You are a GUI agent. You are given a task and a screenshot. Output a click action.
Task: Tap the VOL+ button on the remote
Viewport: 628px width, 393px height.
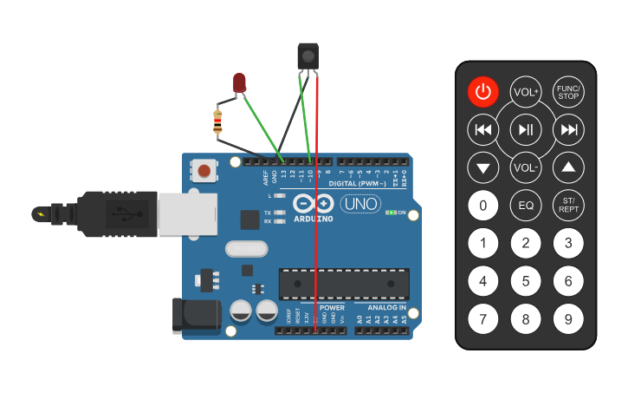click(526, 92)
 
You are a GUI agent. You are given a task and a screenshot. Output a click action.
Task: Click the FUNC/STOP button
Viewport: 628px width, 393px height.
click(568, 92)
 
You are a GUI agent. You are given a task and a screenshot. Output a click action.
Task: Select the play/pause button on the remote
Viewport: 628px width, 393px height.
click(526, 130)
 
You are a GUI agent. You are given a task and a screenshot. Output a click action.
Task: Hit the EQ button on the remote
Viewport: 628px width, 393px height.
click(526, 206)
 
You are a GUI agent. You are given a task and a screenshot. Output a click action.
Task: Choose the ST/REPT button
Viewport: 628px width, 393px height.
click(568, 206)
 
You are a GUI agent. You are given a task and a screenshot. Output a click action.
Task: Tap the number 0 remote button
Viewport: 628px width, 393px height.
click(483, 206)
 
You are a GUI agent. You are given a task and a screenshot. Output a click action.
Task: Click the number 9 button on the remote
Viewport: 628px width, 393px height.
click(568, 319)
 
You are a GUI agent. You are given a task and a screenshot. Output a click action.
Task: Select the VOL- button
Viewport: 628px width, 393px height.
click(526, 167)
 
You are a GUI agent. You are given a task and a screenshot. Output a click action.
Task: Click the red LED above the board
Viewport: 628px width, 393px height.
click(240, 83)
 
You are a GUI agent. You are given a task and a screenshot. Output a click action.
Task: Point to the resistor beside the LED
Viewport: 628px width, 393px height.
click(217, 121)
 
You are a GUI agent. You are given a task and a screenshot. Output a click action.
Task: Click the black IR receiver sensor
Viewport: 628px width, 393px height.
click(308, 56)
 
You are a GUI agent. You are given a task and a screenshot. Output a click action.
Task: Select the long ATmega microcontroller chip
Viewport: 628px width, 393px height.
click(344, 284)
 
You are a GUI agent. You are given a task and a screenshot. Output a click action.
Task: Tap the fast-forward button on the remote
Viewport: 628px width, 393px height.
click(568, 130)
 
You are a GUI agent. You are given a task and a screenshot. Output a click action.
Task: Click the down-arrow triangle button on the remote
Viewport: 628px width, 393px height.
click(483, 167)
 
